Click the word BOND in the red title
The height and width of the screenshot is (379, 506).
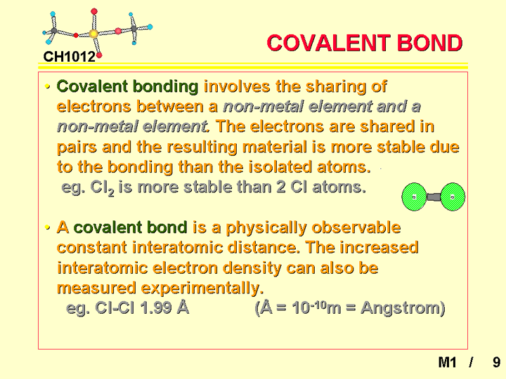[x=429, y=43]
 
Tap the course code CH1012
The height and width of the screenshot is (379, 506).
[x=70, y=57]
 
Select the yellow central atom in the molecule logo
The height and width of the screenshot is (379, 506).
[x=93, y=34]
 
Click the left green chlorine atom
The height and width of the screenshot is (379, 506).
[x=415, y=197]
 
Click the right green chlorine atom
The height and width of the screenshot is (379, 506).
[x=453, y=197]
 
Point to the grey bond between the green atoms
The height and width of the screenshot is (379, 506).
[x=434, y=197]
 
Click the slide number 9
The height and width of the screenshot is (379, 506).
[x=496, y=362]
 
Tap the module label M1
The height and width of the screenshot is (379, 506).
[x=447, y=362]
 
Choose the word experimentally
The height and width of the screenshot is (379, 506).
[x=202, y=288]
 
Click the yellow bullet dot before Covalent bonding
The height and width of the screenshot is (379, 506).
[x=48, y=86]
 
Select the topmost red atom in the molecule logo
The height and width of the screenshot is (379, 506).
[x=94, y=12]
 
